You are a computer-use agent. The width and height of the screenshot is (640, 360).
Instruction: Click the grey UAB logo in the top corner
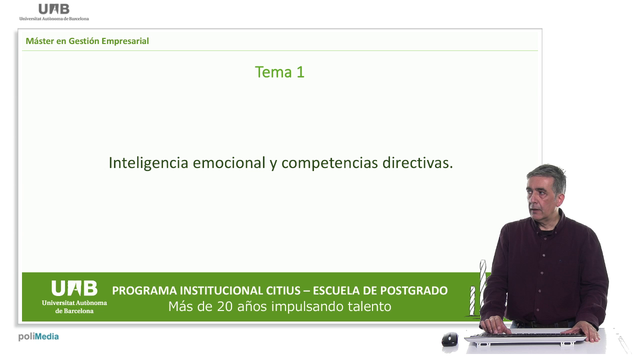[x=54, y=12]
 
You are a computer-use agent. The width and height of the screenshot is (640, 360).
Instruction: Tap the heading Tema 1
[x=279, y=72]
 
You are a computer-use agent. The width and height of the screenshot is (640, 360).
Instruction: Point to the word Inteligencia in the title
[x=148, y=163]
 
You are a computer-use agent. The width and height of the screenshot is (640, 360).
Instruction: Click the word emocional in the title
[x=229, y=163]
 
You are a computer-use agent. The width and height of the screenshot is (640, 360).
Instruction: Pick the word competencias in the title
[x=329, y=163]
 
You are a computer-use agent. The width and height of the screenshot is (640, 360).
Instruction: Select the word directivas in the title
[x=417, y=163]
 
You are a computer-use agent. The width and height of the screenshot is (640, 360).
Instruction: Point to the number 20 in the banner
[x=224, y=307]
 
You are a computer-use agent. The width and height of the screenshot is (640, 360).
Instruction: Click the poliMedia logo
[x=38, y=337]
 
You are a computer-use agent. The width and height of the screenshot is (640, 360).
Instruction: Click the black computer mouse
[x=449, y=339]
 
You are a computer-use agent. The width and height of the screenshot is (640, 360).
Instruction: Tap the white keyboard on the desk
[x=525, y=339]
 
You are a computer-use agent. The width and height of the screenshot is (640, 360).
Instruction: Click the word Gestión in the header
[x=84, y=41]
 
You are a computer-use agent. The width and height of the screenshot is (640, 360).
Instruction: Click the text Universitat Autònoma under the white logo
[x=74, y=303]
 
